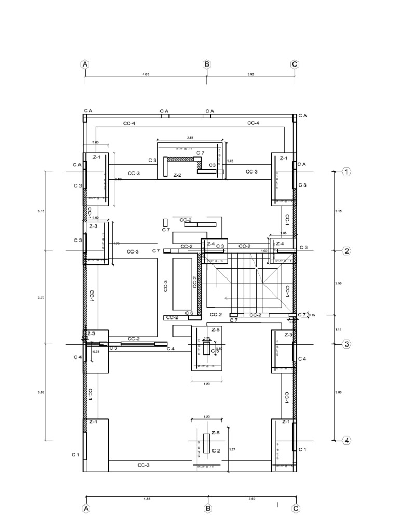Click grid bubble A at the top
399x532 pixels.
pyautogui.click(x=85, y=64)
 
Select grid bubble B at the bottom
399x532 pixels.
pyautogui.click(x=208, y=509)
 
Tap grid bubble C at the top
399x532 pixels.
pyautogui.click(x=295, y=64)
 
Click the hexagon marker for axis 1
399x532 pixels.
pyautogui.click(x=347, y=172)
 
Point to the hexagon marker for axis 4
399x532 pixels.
pyautogui.click(x=347, y=441)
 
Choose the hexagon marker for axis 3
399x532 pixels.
pyautogui.click(x=347, y=344)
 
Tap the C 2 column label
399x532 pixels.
pyautogui.click(x=217, y=450)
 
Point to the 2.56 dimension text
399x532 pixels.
pyautogui.click(x=190, y=138)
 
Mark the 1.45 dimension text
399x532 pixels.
pyautogui.click(x=231, y=161)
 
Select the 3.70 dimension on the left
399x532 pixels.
pyautogui.click(x=42, y=297)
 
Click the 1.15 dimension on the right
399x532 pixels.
pyautogui.click(x=338, y=329)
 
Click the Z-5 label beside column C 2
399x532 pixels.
pyautogui.click(x=216, y=432)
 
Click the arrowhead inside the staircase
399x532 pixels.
pyautogui.click(x=227, y=298)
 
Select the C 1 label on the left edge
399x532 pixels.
pyautogui.click(x=75, y=454)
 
